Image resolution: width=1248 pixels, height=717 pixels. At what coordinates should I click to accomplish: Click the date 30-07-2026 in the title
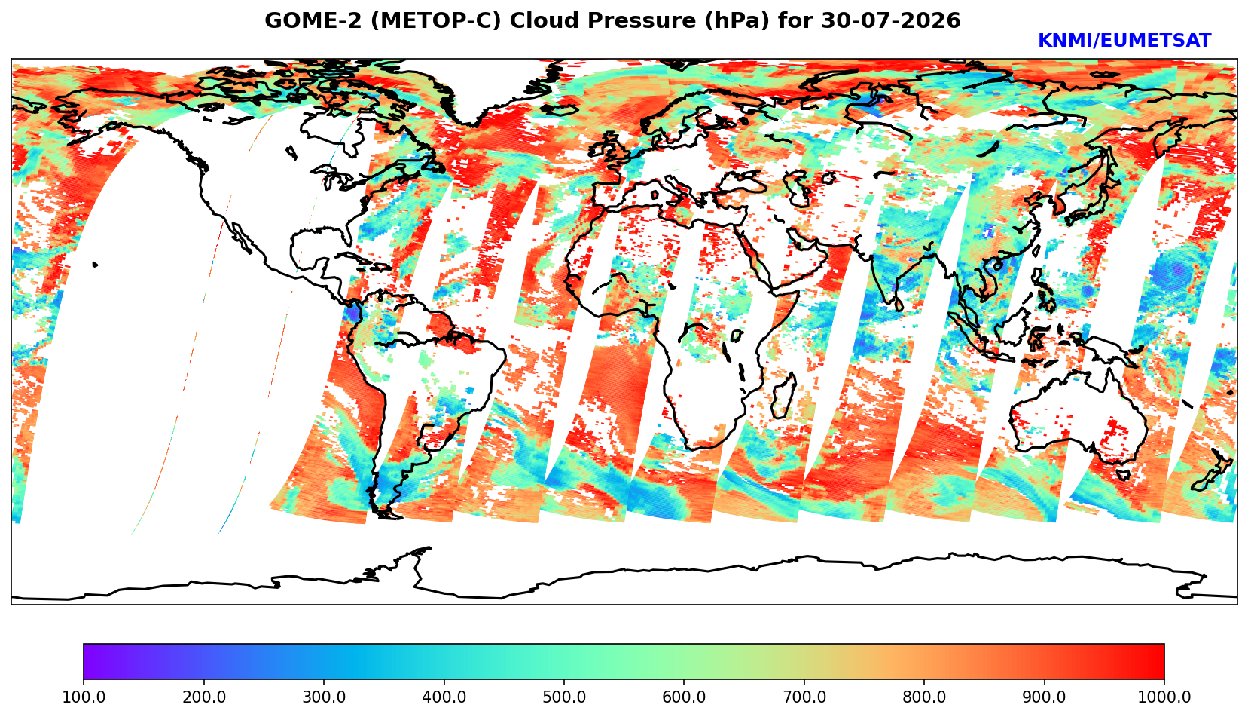coord(892,20)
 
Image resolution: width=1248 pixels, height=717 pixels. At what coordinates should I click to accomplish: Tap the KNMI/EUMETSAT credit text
coord(1124,41)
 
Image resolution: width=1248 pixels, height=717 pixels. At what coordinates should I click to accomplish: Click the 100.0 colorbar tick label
coord(84,697)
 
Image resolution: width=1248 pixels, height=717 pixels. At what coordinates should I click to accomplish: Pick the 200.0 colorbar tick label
coord(204,697)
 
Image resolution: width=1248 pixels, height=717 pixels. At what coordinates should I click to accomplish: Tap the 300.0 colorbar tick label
coord(324,697)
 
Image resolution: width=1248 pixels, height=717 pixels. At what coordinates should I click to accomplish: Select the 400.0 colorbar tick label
coord(444,697)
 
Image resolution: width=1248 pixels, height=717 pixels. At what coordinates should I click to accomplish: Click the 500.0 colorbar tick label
coord(564,697)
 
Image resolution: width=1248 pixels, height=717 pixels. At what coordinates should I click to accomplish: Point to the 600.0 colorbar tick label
coord(684,697)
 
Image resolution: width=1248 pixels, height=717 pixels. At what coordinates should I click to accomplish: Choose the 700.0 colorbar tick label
coord(804,697)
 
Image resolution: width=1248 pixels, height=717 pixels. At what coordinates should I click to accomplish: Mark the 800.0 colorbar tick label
coord(924,697)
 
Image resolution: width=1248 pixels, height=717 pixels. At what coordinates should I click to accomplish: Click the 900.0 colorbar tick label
coord(1044,697)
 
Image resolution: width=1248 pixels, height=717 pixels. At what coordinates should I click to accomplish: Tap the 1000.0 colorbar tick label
coord(1164,697)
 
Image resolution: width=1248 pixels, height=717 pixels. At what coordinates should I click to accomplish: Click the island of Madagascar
coord(784,397)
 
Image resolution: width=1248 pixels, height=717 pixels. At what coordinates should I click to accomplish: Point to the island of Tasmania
coord(1123,474)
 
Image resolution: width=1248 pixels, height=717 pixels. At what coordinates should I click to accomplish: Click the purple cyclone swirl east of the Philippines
coord(1176,271)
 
